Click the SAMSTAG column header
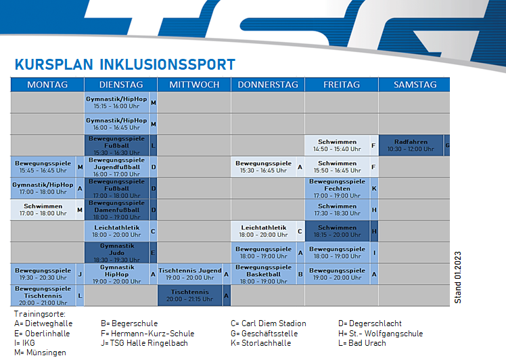(x=415, y=85)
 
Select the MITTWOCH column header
(x=194, y=85)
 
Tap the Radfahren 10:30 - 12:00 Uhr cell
(x=411, y=145)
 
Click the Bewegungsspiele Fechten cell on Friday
(x=338, y=188)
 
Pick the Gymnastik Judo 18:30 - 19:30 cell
(x=117, y=252)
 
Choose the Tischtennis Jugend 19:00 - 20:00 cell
(x=189, y=274)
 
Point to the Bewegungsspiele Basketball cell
(x=264, y=274)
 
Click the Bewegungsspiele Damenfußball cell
(x=117, y=210)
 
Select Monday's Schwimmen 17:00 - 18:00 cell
(x=43, y=210)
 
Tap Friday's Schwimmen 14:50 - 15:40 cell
(x=338, y=145)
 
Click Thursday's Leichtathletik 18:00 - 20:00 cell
(x=264, y=231)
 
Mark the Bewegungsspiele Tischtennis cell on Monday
(x=43, y=296)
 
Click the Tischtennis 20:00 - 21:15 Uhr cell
(x=189, y=296)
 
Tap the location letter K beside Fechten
(x=374, y=188)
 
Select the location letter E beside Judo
(x=153, y=252)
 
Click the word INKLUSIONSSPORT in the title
(x=167, y=64)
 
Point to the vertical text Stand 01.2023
(x=457, y=277)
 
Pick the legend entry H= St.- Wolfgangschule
(x=380, y=333)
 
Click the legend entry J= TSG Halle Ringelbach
(x=144, y=343)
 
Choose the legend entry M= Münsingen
(x=41, y=353)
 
